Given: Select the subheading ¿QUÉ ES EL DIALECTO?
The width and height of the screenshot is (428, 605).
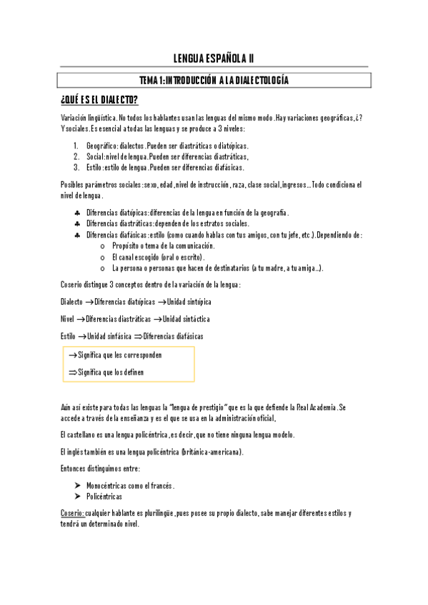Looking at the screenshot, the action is pos(100,98).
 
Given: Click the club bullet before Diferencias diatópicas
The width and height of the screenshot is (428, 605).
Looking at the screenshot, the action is pos(76,213).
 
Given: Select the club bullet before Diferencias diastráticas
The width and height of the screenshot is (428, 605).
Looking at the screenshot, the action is pos(76,224).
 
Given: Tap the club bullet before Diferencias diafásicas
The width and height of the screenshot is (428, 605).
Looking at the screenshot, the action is pos(76,235).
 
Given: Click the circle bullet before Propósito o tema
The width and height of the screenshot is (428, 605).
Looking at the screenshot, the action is pos(104,246).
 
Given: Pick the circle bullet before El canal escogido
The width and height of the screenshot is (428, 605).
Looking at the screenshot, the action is pos(104,257).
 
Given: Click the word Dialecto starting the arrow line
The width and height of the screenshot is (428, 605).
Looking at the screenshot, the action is pos(72,302).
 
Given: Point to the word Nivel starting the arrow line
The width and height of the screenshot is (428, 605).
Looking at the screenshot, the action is pos(68,319).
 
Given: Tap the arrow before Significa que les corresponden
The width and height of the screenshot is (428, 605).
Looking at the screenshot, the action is pos(72,355).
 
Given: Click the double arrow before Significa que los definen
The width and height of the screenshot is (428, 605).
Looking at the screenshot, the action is pos(72,372).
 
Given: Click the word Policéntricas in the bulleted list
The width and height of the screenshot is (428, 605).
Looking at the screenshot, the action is pos(104,497).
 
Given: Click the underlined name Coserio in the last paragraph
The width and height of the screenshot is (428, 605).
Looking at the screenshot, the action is pos(72,514).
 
